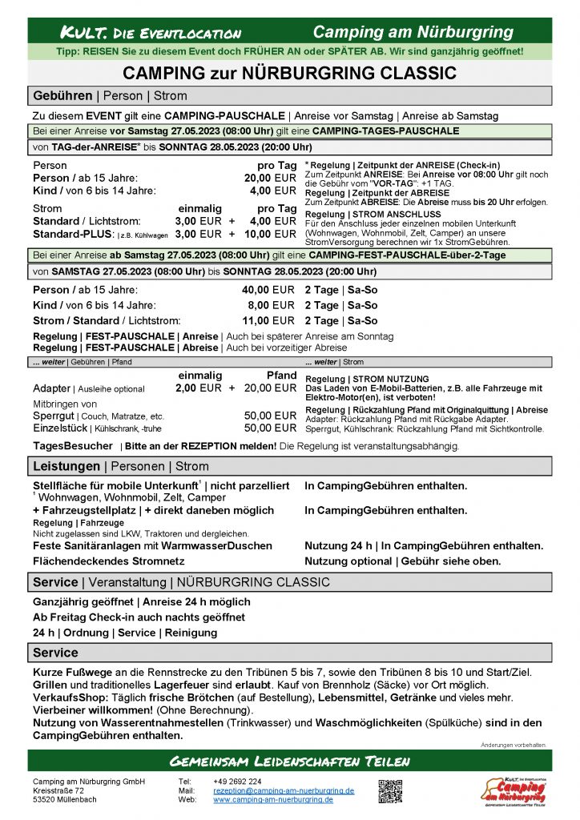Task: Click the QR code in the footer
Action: tap(390, 790)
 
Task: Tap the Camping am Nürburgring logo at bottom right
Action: tap(512, 789)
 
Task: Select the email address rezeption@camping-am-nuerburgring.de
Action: tap(284, 790)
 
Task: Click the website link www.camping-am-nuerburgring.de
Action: tap(272, 799)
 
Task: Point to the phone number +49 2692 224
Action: tap(237, 782)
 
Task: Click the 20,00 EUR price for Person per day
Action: tap(270, 178)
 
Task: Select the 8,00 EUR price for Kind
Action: tap(272, 305)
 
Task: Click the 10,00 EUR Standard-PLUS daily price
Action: tap(270, 234)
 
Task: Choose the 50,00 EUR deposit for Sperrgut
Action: tap(270, 416)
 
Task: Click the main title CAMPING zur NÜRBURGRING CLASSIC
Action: tap(289, 74)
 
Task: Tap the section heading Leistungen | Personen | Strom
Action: tap(120, 466)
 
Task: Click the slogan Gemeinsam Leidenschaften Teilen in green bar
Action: tap(289, 760)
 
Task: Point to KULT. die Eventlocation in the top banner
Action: tap(151, 33)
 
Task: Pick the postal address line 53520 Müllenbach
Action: tap(66, 799)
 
